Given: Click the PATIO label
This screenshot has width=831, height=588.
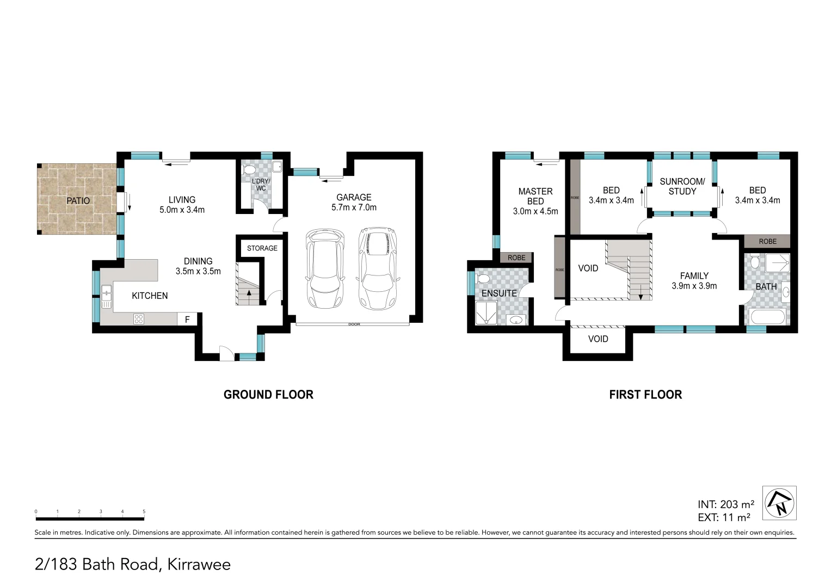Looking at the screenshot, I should tap(78, 201).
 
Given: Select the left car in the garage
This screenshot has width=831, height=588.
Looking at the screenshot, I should tap(325, 268).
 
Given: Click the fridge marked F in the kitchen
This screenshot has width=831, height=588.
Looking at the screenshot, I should tap(187, 320).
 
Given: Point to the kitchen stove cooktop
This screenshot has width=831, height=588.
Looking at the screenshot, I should tap(139, 320).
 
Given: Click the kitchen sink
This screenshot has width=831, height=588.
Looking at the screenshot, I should tap(106, 294).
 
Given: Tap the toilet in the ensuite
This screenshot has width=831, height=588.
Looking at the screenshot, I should tap(483, 279).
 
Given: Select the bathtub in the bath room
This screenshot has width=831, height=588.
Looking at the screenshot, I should tap(767, 317).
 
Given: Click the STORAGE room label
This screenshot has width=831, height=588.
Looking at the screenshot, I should tap(262, 248).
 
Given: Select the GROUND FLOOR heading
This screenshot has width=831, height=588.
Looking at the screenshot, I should tap(268, 395).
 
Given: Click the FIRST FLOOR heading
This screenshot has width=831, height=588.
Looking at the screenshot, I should tap(645, 395).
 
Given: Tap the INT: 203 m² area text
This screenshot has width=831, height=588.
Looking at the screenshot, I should tap(725, 505).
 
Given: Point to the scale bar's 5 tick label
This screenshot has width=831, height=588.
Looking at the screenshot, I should tap(144, 512).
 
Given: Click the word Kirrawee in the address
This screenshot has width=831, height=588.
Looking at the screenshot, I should tap(199, 565).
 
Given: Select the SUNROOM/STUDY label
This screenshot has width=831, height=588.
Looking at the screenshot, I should tap(682, 186).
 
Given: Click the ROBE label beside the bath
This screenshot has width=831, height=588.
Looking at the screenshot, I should tap(767, 241).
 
